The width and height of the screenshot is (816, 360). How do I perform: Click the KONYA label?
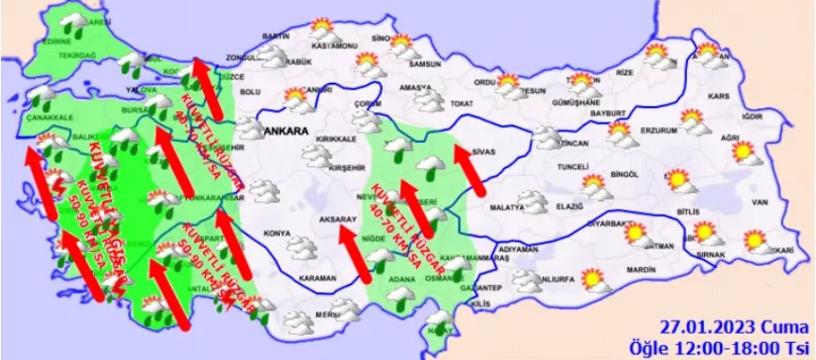(x=276, y=232)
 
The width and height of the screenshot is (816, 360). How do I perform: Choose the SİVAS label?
(x=482, y=150)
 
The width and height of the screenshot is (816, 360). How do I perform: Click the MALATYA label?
(x=505, y=205)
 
